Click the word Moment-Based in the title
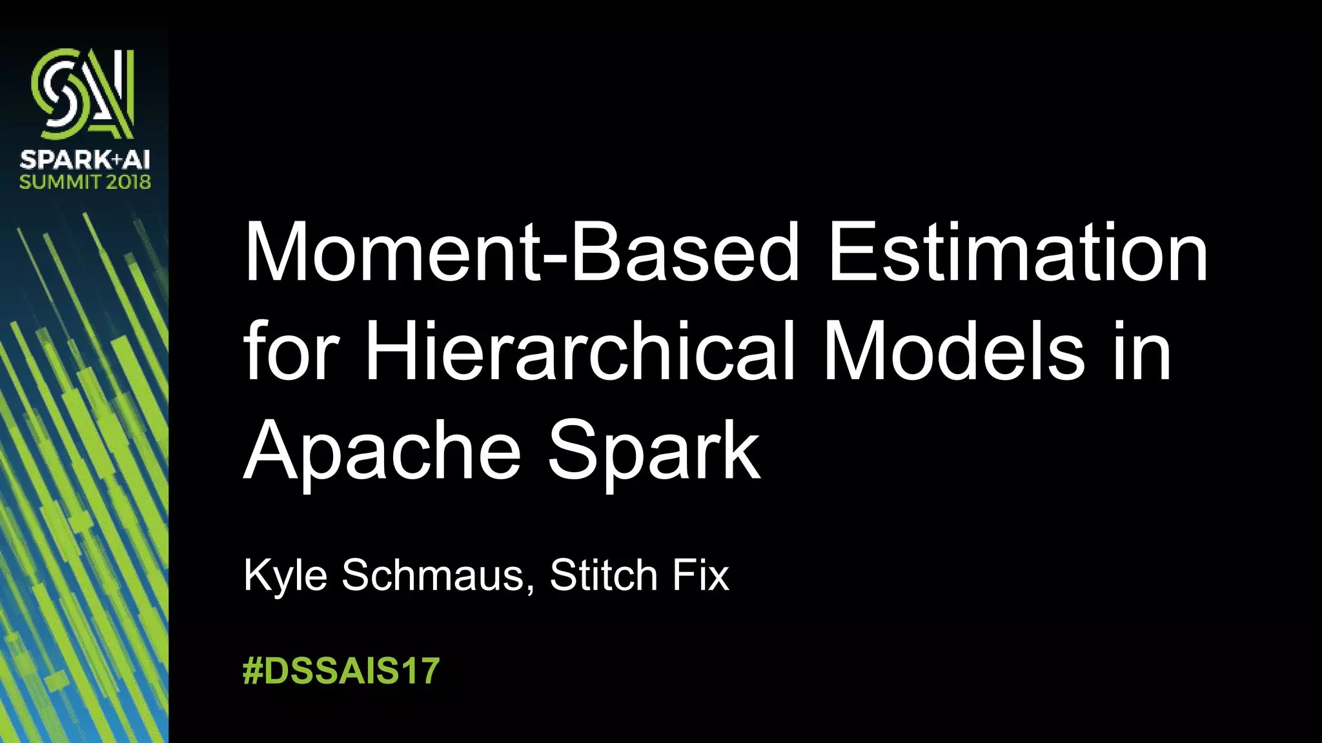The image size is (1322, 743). coord(522,252)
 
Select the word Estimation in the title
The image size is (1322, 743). coord(1018,252)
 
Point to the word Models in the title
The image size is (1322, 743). coord(955,352)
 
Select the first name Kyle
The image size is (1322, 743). coord(285,575)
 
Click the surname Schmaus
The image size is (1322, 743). coord(432,575)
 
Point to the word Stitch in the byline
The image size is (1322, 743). coord(603,575)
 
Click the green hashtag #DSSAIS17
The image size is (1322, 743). coord(341,671)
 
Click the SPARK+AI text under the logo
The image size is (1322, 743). coord(85,159)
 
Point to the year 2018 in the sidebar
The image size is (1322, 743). coord(128,182)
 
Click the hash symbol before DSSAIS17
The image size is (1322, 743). coord(253,671)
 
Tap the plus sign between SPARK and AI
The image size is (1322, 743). coord(117,159)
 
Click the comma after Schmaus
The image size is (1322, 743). coord(531,587)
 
